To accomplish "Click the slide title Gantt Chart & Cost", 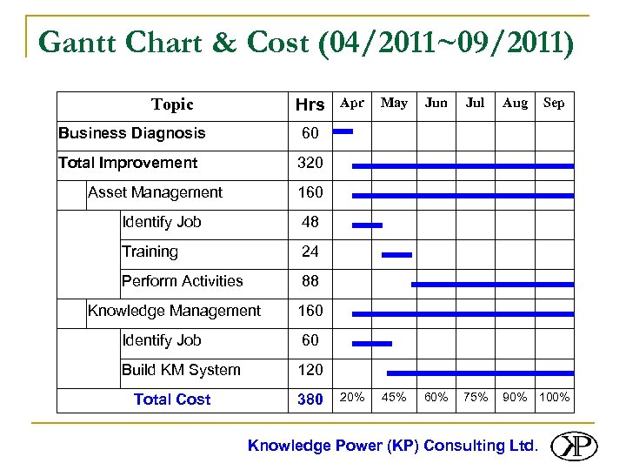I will [306, 42].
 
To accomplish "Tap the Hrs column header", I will [310, 105].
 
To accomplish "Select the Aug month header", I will [515, 103].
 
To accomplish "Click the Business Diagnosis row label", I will [132, 133].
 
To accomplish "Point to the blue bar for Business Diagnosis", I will [343, 132].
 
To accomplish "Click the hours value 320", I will [310, 163].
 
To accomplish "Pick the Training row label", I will [150, 252].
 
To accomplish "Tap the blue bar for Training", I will [396, 255].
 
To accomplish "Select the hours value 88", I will [310, 281].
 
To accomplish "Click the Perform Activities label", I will [183, 281].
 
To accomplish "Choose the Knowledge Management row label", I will [174, 311].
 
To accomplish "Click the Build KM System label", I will [181, 370].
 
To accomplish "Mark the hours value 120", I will [310, 370].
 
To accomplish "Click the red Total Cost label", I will [172, 399].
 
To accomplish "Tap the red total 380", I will [310, 399].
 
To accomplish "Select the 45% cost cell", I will [394, 398].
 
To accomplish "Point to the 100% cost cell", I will [554, 398].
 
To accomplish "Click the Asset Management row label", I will [155, 192].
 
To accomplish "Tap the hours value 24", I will [310, 252].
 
